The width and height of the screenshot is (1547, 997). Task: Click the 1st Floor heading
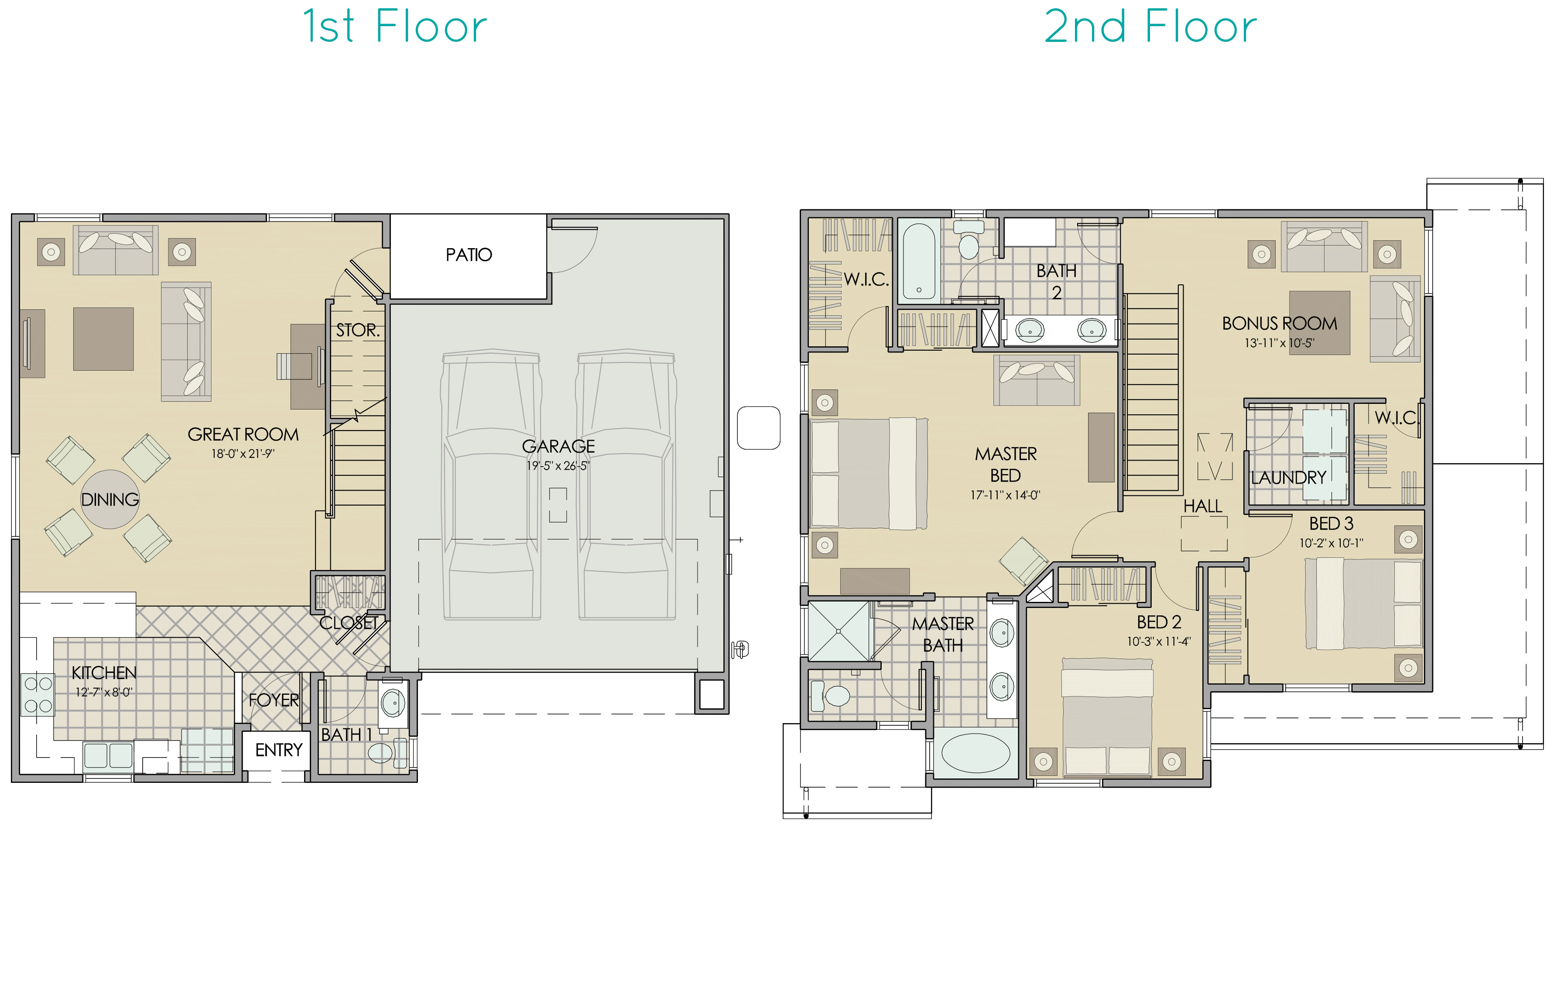tap(395, 27)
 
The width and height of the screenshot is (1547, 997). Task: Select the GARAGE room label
tap(558, 446)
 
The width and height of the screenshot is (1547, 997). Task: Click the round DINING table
tap(110, 499)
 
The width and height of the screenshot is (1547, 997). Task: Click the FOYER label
tap(274, 700)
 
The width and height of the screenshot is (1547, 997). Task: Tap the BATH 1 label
tap(346, 735)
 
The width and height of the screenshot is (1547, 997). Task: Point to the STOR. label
tap(357, 330)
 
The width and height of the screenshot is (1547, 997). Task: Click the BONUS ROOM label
tap(1280, 323)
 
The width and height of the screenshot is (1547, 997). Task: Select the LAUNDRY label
tap(1289, 478)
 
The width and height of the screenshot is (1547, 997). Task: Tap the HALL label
tap(1202, 506)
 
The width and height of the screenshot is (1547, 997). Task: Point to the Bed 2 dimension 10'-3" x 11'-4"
tap(1159, 642)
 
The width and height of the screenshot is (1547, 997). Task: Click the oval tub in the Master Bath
tap(975, 753)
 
